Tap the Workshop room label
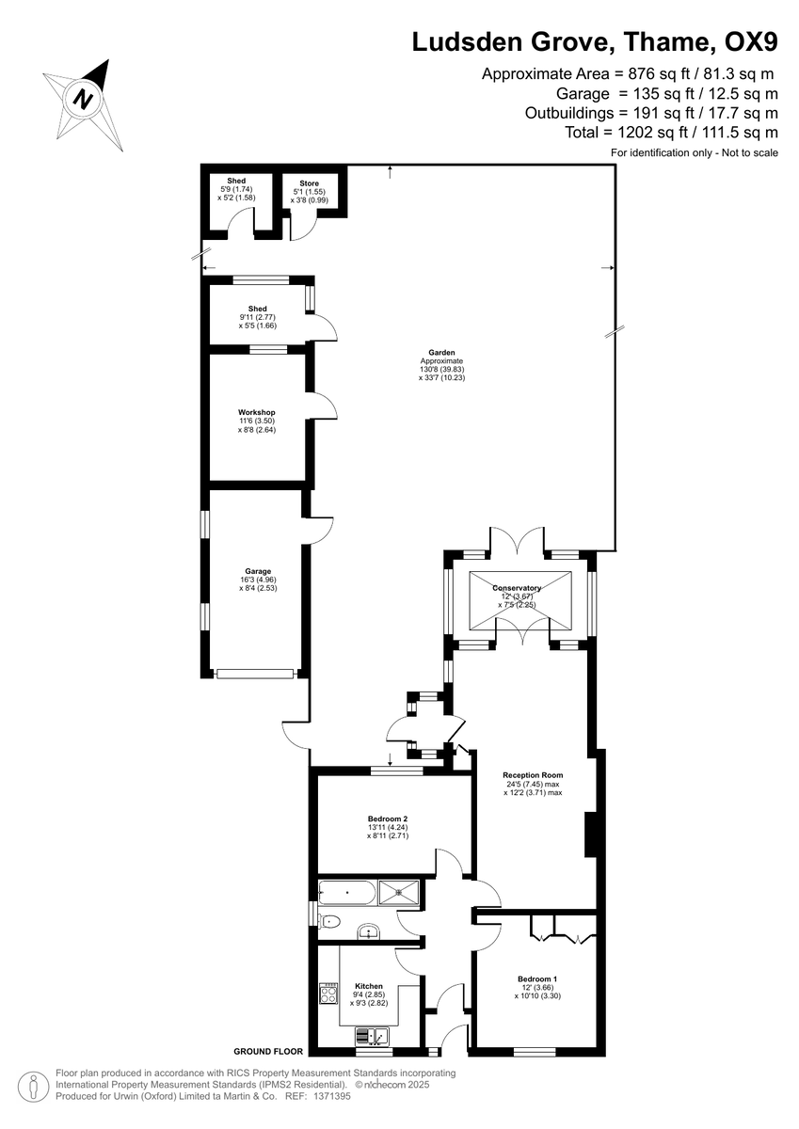tap(256, 412)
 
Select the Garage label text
tap(258, 571)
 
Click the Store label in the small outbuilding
tap(309, 183)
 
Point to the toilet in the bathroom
tap(328, 921)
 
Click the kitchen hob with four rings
tap(330, 992)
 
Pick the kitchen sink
tap(374, 1036)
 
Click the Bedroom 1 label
tap(536, 978)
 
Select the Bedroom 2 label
tap(386, 818)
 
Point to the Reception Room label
tap(532, 775)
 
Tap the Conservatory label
tap(517, 588)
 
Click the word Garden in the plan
tap(441, 353)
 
